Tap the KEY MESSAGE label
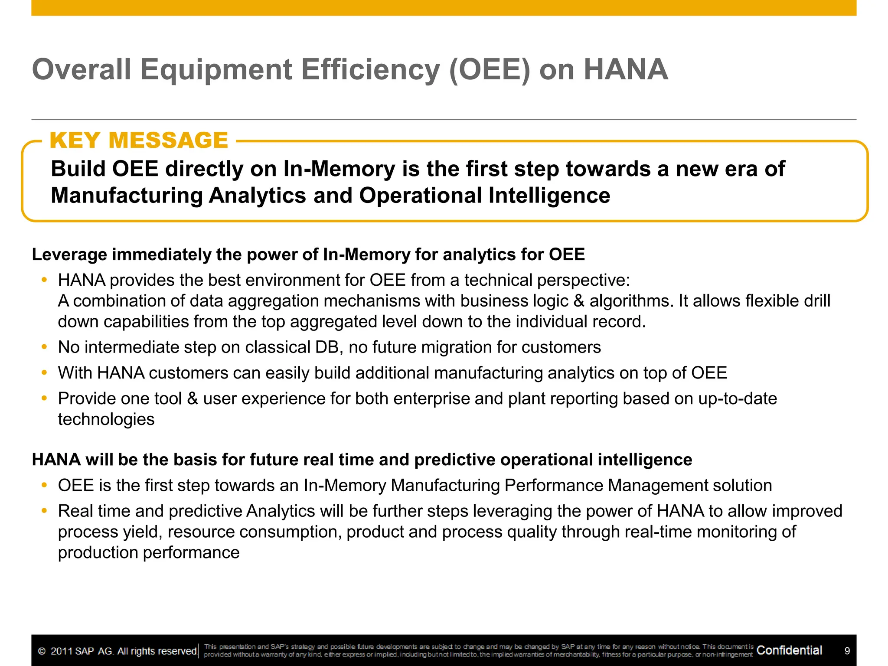coord(139,140)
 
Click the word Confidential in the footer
coord(789,650)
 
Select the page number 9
coord(847,651)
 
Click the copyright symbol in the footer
coord(42,651)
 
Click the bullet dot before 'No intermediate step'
coord(44,347)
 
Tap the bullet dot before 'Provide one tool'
coord(44,398)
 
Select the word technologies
coord(106,419)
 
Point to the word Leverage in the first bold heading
coord(69,255)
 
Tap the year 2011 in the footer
coord(61,651)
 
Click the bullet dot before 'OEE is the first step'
coord(44,486)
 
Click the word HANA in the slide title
coord(626,70)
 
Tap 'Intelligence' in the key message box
coord(549,196)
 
